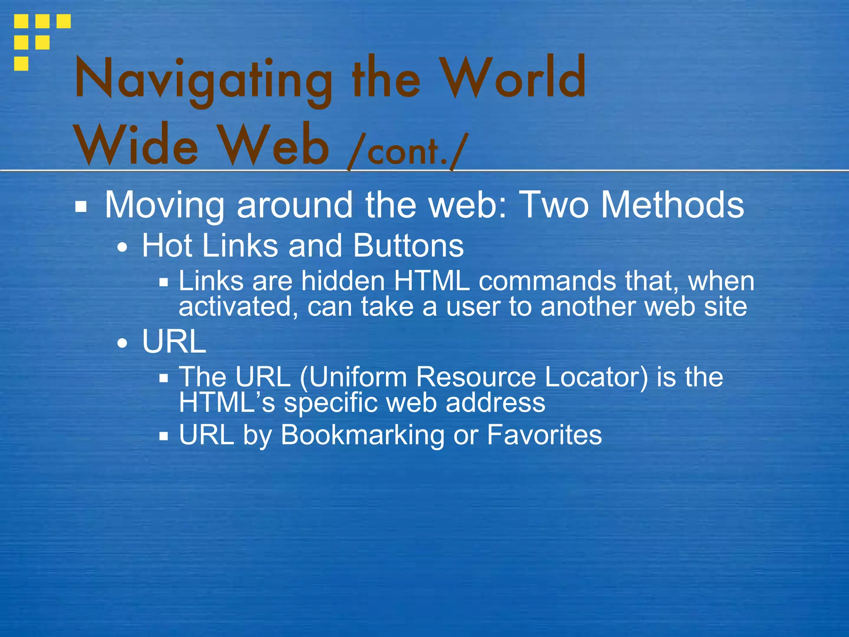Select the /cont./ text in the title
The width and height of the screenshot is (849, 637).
coord(408,151)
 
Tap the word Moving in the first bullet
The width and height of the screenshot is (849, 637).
coord(164,205)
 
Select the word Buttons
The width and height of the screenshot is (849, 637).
coord(408,246)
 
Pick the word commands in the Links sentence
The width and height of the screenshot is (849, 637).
coord(547,281)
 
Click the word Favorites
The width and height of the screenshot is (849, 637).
coord(544,435)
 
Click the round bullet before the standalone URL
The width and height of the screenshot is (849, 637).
coord(122,343)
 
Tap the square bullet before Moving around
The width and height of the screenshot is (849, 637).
coord(81,207)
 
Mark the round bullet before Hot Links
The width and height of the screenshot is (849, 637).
coord(122,248)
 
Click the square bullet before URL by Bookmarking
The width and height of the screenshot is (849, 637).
coord(164,436)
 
